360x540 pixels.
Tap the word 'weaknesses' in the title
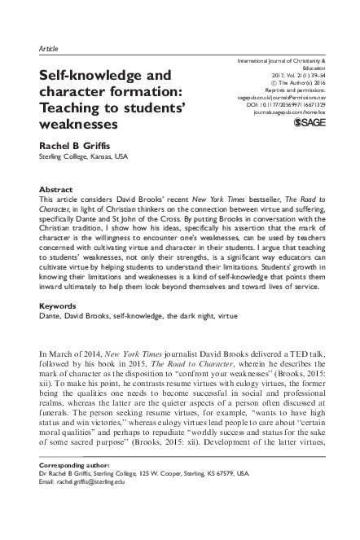coord(78,125)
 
